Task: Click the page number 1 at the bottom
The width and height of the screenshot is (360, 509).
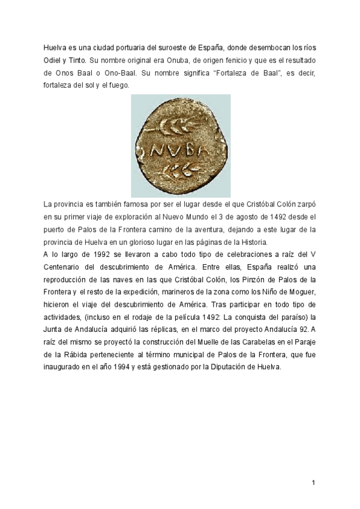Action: (x=313, y=483)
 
